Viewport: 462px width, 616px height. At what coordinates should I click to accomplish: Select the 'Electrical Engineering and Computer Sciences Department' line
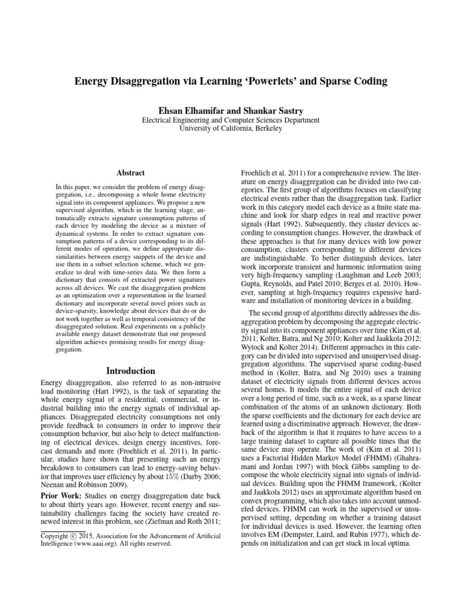click(230, 120)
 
